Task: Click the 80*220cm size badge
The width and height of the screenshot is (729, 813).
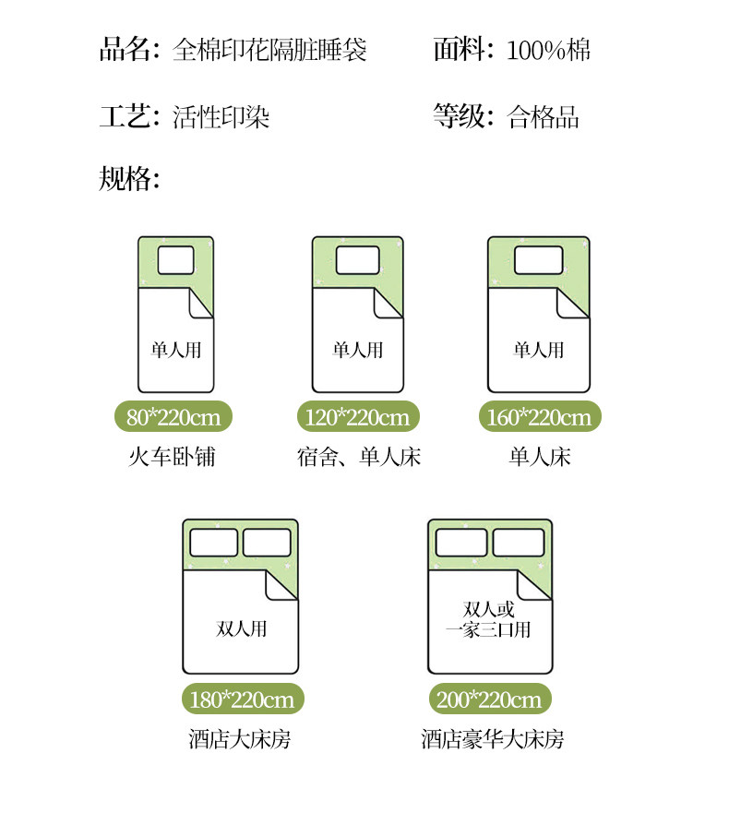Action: coord(174,417)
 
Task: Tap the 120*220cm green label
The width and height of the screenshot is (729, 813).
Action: coord(357,417)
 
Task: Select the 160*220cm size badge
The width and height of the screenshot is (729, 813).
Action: coord(539,417)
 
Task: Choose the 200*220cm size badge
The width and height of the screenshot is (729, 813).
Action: coord(489,699)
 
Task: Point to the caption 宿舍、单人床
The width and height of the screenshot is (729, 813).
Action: coord(358,457)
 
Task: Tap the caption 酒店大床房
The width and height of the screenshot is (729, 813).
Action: coord(240,739)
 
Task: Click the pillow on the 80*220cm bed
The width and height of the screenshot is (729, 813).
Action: coord(176,261)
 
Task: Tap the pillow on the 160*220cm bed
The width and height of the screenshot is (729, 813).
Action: coord(538,261)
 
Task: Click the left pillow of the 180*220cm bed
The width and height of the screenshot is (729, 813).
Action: coord(213,543)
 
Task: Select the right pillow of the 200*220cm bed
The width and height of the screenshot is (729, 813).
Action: coord(519,543)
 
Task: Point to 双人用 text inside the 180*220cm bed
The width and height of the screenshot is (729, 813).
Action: coord(241,629)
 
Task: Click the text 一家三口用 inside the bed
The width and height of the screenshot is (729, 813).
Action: coord(488,630)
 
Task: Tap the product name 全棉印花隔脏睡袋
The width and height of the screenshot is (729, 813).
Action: coord(269,49)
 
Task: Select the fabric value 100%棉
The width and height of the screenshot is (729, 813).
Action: coord(548,49)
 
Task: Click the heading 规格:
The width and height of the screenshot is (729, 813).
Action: coord(130,178)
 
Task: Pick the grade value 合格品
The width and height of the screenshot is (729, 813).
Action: coord(544,117)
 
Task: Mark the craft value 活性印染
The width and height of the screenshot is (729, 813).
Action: coord(221,117)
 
